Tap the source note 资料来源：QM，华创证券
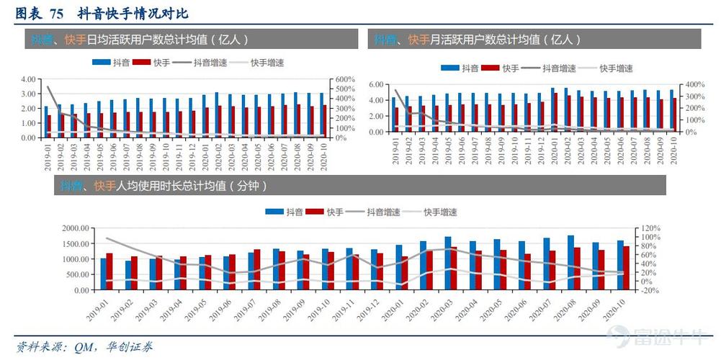click(84, 347)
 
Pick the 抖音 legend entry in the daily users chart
click(113, 63)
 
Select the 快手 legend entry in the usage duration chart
click(326, 212)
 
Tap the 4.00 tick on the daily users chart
click(29, 79)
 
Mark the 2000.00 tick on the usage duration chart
click(75, 228)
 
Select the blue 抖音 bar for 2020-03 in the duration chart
click(447, 264)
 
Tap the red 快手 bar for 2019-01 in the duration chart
click(109, 271)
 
